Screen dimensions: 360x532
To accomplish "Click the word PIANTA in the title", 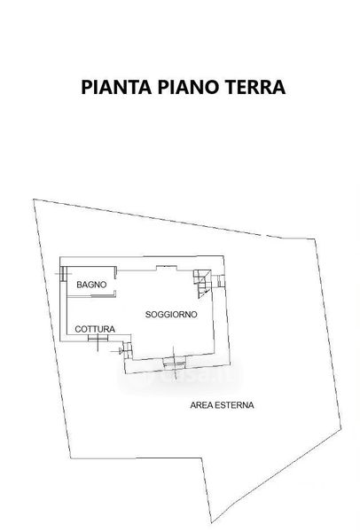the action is tap(116, 87).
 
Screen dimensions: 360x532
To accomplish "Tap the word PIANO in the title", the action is tap(188, 87).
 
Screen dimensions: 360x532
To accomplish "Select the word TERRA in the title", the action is tap(255, 87).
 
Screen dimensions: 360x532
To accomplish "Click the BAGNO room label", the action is tap(91, 285).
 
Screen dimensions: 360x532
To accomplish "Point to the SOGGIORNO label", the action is tap(171, 315).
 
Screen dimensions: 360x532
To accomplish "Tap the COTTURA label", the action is tap(95, 329).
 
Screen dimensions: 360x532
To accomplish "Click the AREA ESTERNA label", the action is tap(222, 405).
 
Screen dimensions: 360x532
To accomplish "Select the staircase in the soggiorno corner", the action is tap(202, 284).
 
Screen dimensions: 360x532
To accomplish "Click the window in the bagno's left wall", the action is tap(63, 273).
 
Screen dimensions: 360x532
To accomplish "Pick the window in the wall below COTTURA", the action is tap(98, 338).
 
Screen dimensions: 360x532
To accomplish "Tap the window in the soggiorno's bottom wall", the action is tap(174, 364).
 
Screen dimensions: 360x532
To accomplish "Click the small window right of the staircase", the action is tap(221, 280).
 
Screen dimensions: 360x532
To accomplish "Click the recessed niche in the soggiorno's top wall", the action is tap(167, 268).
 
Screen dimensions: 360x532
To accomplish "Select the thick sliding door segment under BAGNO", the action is tap(104, 296).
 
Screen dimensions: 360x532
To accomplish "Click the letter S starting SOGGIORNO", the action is tap(148, 315).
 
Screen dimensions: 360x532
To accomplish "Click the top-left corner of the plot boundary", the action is tap(34, 199).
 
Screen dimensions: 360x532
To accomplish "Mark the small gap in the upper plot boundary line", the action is tap(263, 235).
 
